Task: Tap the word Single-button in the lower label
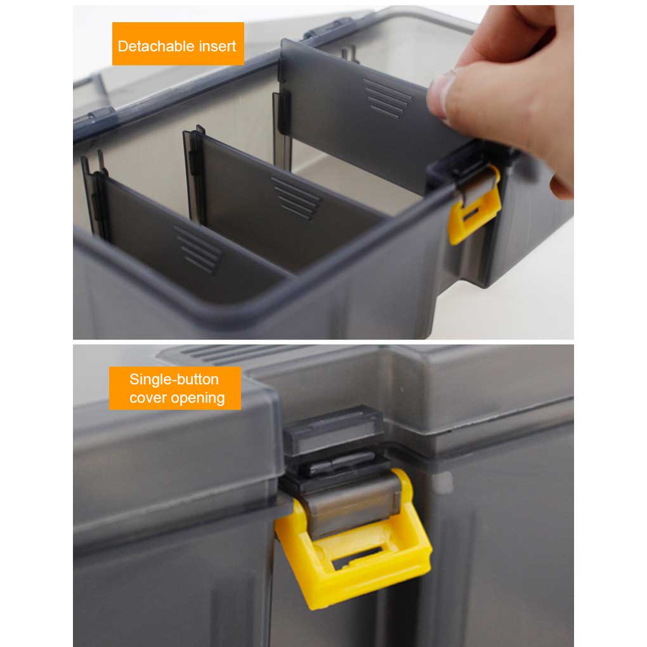pyautogui.click(x=174, y=379)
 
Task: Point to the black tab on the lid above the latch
pyautogui.click(x=334, y=429)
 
